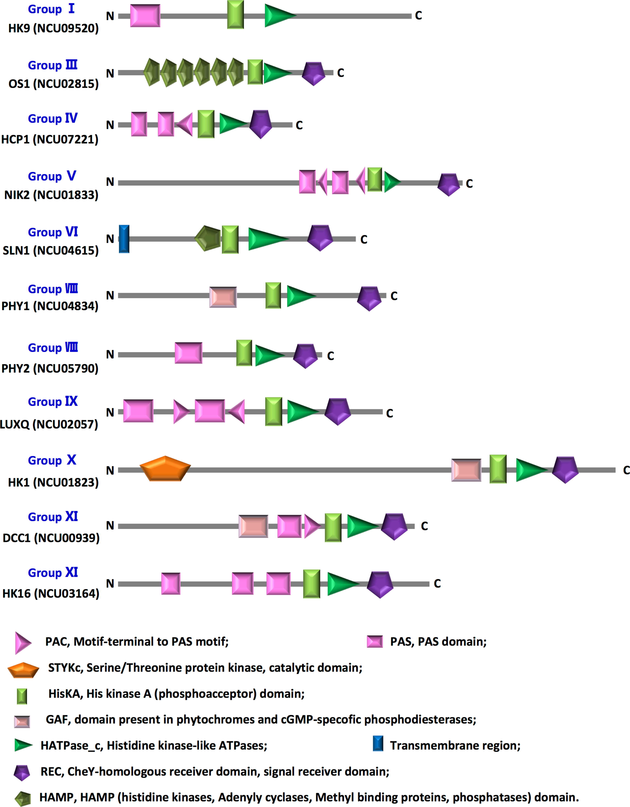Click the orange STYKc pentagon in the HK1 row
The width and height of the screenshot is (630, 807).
[165, 468]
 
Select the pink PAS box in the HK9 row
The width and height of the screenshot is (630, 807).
[145, 16]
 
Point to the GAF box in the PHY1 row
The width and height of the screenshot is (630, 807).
[223, 297]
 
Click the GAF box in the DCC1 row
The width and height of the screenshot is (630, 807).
[253, 526]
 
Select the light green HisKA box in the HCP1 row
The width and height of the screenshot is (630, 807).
[206, 124]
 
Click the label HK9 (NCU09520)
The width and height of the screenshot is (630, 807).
[54, 28]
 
